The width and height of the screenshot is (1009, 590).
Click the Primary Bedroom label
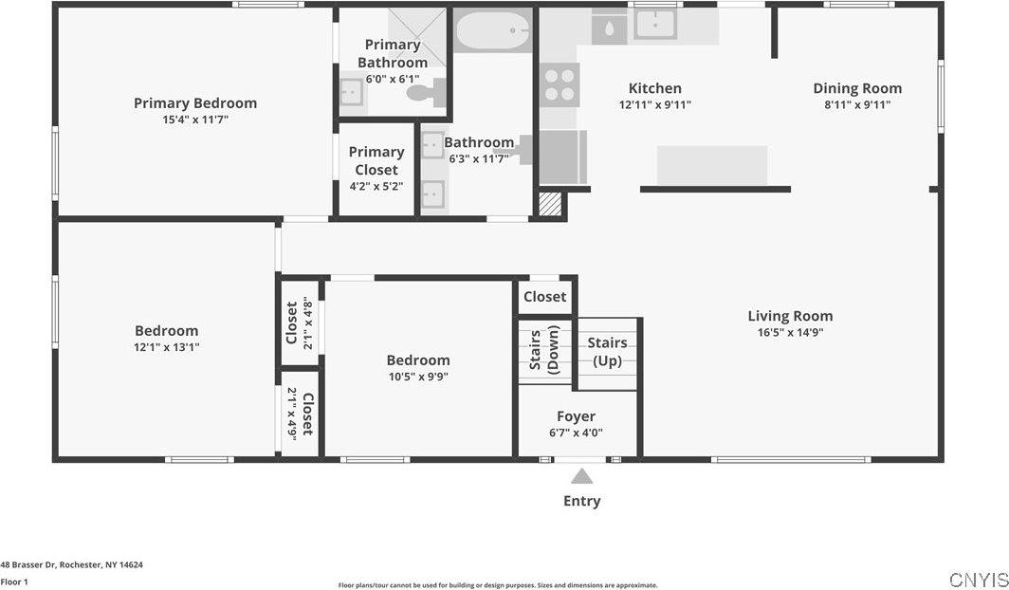[194, 103]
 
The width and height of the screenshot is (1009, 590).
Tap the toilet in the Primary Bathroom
[426, 92]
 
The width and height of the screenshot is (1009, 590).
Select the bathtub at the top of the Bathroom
[492, 31]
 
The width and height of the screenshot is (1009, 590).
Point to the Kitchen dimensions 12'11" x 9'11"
[655, 105]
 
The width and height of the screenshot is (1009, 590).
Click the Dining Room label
[857, 88]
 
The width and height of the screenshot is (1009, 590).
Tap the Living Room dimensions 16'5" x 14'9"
[790, 333]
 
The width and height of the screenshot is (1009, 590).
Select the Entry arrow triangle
[581, 476]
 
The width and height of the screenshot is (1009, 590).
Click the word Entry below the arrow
[581, 501]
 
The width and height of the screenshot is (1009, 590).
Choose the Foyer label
[576, 416]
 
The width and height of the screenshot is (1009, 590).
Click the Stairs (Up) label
[607, 352]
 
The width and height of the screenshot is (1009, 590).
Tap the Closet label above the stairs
[545, 297]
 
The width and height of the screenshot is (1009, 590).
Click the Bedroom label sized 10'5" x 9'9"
[418, 360]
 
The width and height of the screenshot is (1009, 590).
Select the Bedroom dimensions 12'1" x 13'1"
[167, 347]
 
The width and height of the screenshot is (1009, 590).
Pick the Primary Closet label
[376, 160]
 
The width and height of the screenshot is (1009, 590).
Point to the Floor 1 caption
[14, 581]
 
